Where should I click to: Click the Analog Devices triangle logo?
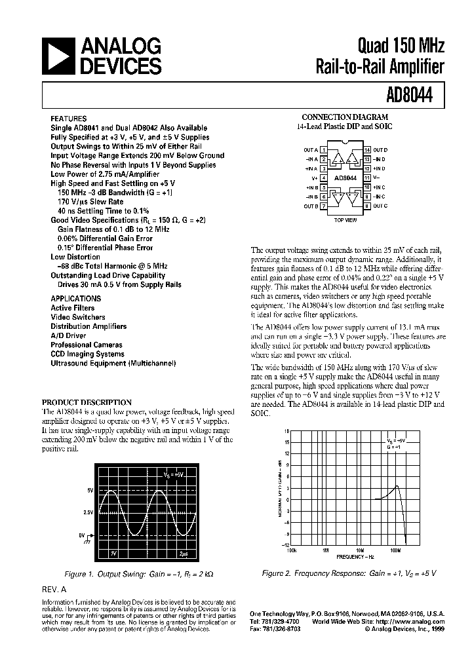point(59,56)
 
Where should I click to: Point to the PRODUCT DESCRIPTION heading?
point(87,402)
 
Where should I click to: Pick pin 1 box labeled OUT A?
point(324,150)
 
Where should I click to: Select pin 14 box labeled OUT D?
point(367,150)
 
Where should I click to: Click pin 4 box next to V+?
point(324,178)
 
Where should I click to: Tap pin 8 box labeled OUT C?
point(367,206)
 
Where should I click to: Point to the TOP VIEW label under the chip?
point(345,221)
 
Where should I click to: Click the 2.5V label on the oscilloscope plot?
point(87,512)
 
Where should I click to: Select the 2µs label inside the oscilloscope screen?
point(184,554)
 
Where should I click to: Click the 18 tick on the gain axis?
point(286,432)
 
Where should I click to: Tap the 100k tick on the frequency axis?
point(292,550)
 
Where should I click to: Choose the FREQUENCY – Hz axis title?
point(356,556)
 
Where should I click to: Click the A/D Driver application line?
point(68,335)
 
